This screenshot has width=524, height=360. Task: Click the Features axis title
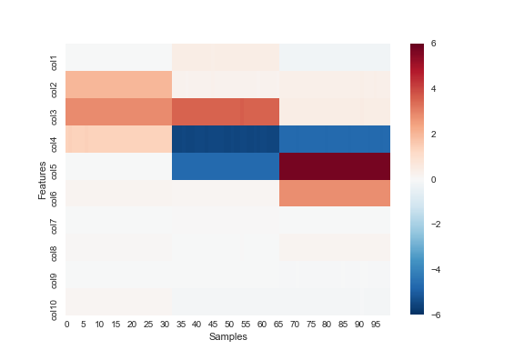42,180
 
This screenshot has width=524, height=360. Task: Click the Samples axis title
228,336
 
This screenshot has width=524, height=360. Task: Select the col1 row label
54,63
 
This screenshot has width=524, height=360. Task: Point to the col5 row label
54,172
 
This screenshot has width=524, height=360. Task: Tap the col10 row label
54,310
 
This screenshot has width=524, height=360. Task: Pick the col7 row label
54,226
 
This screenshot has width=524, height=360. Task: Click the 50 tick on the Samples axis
229,325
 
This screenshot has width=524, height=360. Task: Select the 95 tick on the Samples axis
376,325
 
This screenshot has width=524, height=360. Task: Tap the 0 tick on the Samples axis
66,325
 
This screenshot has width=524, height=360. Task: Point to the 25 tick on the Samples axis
147,325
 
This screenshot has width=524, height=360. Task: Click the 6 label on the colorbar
433,44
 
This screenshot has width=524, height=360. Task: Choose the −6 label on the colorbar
436,315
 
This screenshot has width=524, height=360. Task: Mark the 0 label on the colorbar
433,180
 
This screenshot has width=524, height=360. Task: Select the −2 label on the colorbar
436,225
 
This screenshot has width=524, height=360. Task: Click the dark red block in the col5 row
335,166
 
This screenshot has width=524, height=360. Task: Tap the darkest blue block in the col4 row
226,139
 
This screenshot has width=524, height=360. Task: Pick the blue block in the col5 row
226,166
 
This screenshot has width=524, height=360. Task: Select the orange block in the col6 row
335,193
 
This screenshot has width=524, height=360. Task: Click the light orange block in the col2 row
118,85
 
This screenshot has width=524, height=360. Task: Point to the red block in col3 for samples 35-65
226,112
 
